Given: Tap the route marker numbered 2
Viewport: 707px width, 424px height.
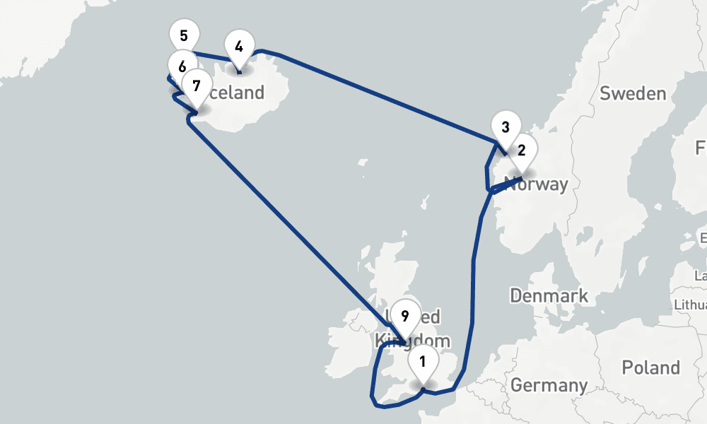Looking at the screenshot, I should click(522, 151).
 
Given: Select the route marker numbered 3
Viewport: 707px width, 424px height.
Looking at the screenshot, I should click(505, 128).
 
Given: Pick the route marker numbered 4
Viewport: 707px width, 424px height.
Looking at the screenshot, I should click(239, 47).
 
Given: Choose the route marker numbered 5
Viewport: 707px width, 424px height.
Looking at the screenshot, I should click(184, 35).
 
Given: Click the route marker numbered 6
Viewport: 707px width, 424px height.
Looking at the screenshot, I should click(182, 67).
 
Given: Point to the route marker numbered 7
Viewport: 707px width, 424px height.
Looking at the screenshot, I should click(196, 86).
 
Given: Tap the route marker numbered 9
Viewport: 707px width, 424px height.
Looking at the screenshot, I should click(404, 316).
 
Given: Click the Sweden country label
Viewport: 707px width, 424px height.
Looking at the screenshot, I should click(632, 94).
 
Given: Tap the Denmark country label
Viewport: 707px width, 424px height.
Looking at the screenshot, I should click(549, 295).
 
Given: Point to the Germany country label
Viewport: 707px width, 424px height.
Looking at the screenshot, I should click(549, 385).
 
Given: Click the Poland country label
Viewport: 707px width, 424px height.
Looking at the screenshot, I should click(650, 367).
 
